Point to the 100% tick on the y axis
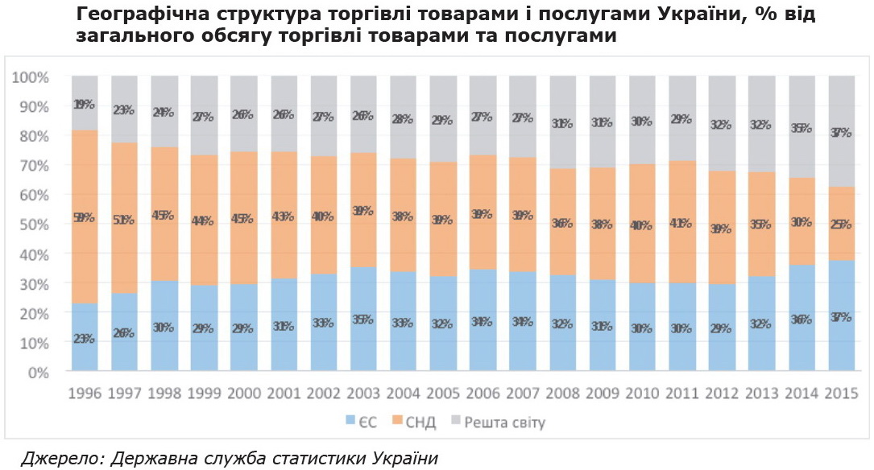31,77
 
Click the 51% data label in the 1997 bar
125,219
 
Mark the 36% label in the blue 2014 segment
802,320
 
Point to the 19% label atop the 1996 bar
85,105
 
